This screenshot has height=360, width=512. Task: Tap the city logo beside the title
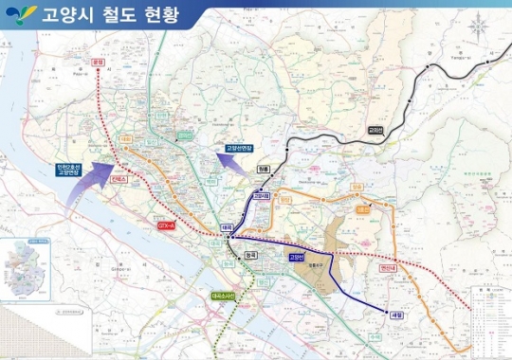pyautogui.click(x=22, y=15)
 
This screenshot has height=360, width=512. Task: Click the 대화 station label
pyautogui.click(x=125, y=138)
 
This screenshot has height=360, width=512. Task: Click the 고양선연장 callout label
pyautogui.click(x=237, y=149)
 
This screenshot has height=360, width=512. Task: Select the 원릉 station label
pyautogui.click(x=263, y=169)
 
